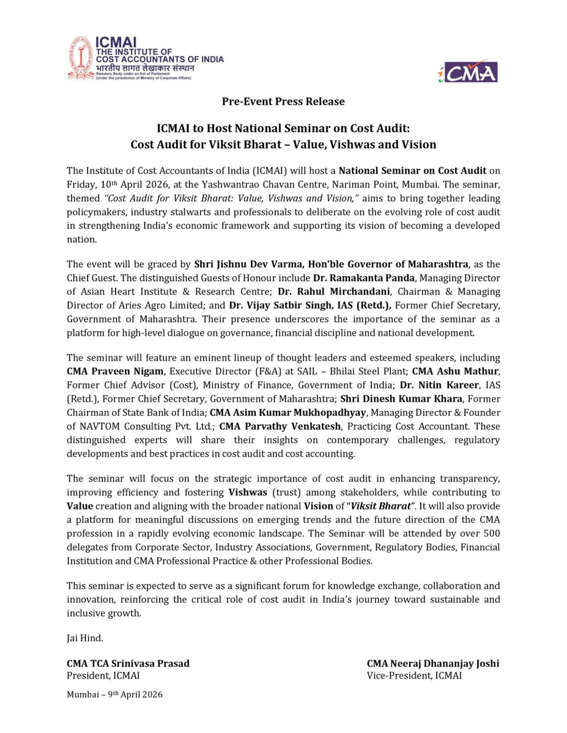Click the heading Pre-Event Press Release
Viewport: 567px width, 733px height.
coord(283,101)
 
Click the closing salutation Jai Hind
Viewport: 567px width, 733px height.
coord(84,638)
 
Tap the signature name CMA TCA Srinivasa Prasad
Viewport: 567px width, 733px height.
coord(128,663)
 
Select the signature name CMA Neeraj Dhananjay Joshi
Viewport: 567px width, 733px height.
coord(433,663)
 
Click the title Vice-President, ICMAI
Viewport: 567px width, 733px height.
coord(414,676)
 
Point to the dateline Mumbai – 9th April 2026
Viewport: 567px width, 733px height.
coord(114,695)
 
